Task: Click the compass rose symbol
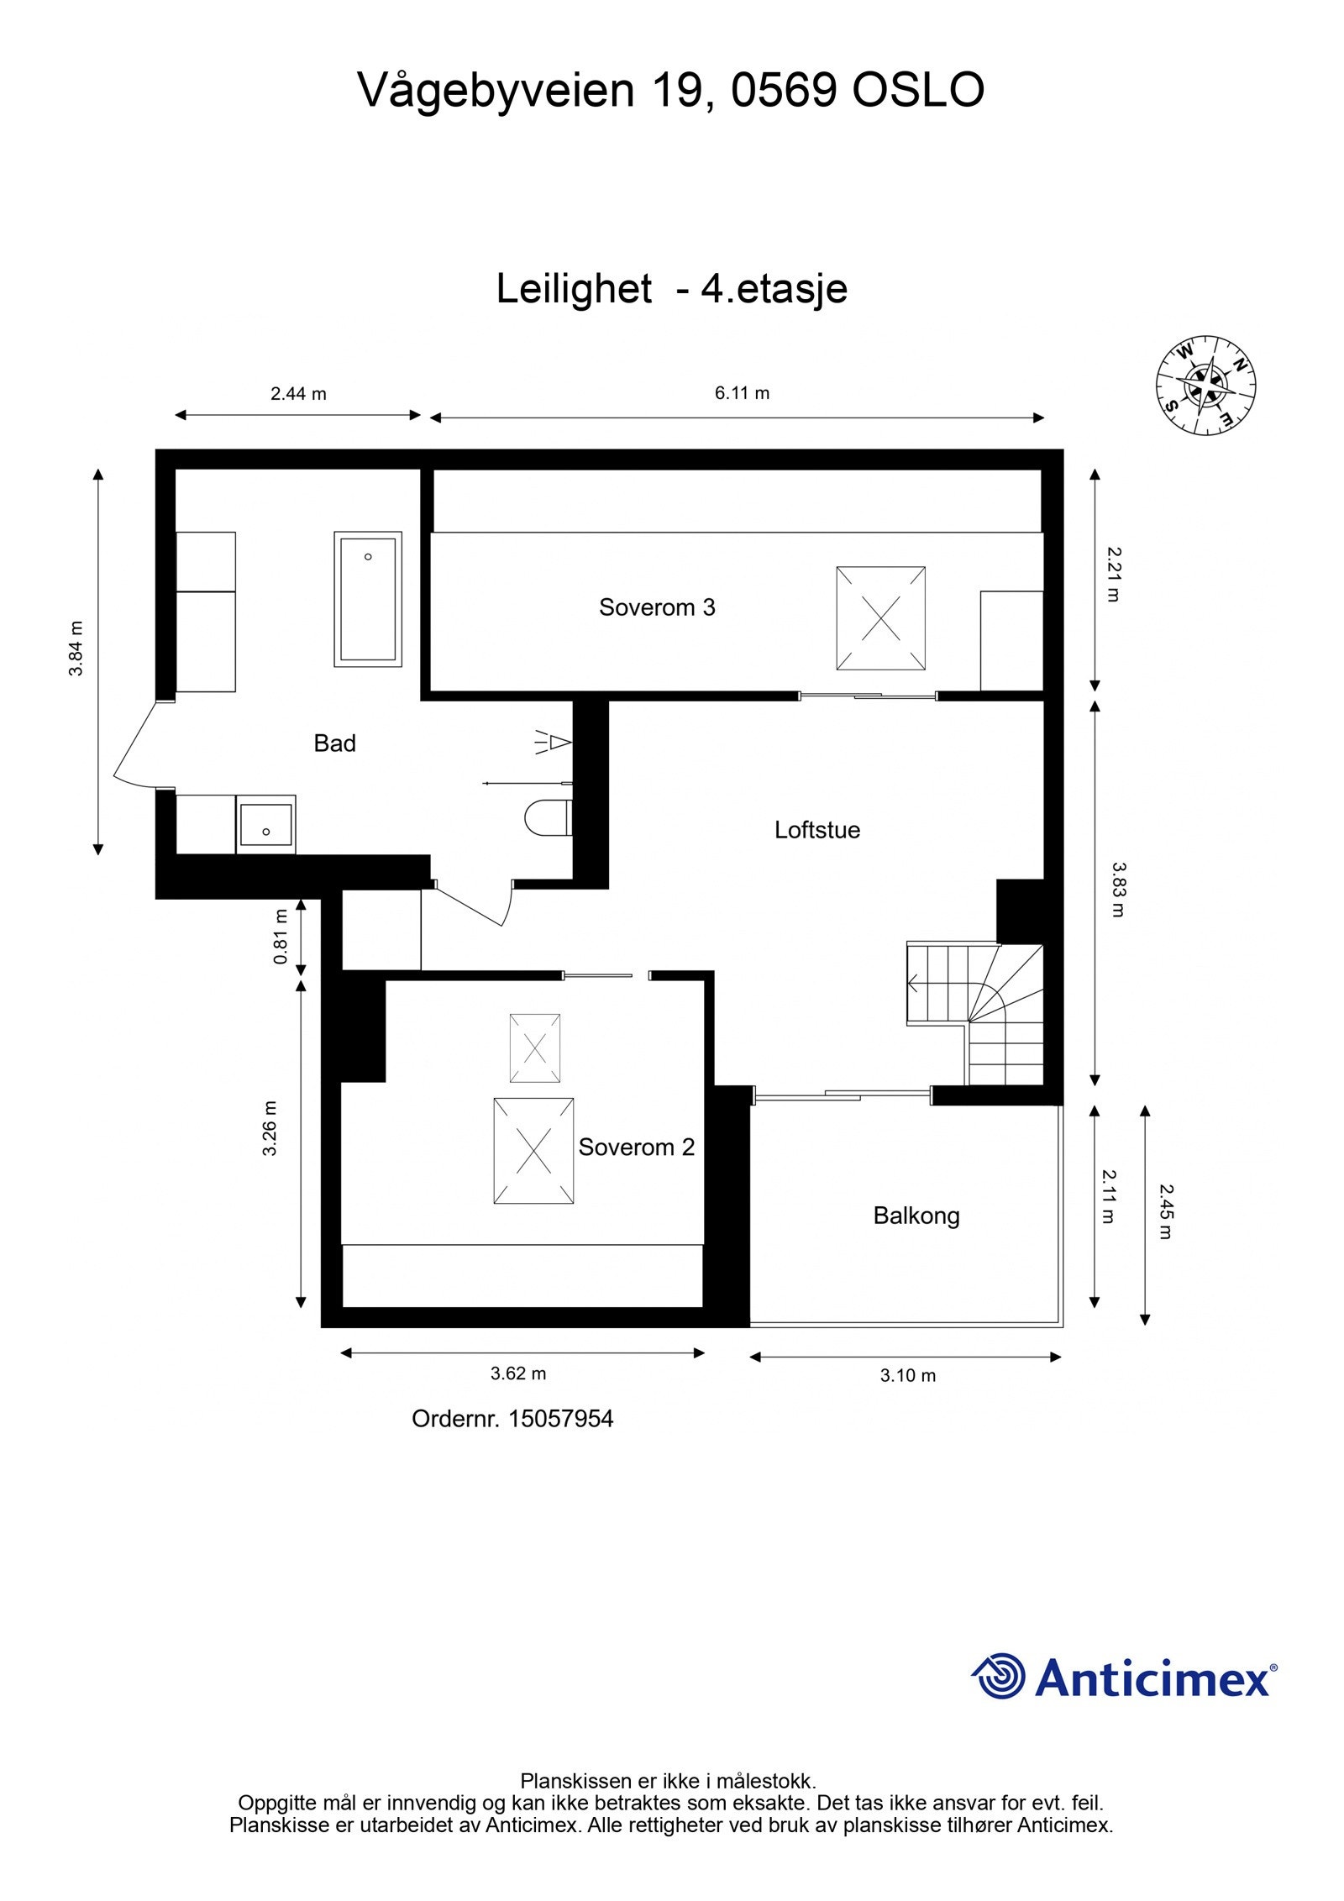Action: click(x=1205, y=386)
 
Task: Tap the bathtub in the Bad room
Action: click(x=368, y=599)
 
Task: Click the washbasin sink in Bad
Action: click(x=265, y=824)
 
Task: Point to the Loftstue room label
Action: click(x=817, y=830)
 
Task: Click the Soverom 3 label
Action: click(x=657, y=607)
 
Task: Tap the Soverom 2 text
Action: click(x=637, y=1147)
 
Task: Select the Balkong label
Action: click(x=916, y=1216)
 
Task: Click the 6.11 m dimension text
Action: click(x=743, y=392)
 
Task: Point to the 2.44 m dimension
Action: click(x=298, y=392)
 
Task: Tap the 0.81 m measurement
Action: click(x=281, y=937)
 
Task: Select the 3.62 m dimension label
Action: click(x=518, y=1373)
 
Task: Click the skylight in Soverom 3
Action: click(x=880, y=618)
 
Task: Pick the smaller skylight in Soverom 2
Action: click(x=535, y=1048)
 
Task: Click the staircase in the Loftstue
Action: click(x=974, y=1013)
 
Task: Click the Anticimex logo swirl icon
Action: click(x=999, y=1676)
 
